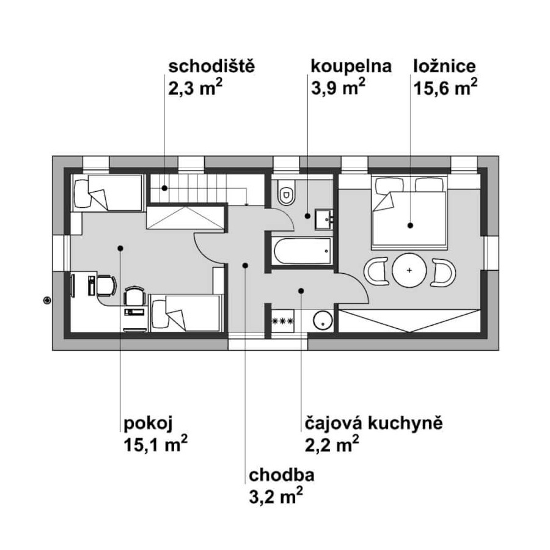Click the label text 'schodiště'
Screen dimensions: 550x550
[x=211, y=67]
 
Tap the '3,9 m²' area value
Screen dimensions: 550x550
[x=338, y=87]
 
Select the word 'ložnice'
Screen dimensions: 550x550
[x=445, y=67]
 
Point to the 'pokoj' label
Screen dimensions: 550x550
[x=148, y=424]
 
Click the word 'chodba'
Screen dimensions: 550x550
[x=281, y=475]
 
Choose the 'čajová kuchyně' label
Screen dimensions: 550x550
[x=373, y=424]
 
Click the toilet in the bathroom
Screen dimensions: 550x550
[x=286, y=193]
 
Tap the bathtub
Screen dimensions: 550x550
[x=302, y=251]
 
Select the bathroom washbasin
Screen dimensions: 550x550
[x=324, y=219]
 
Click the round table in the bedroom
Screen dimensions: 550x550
[x=409, y=271]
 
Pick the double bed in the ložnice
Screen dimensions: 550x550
[x=409, y=213]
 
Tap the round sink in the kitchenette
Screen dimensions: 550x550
[x=323, y=321]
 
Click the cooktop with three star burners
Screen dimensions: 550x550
[x=283, y=321]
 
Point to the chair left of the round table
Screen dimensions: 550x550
[x=376, y=271]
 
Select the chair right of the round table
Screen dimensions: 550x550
[x=444, y=271]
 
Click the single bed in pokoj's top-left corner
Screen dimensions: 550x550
[x=108, y=193]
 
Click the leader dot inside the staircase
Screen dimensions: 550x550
[x=164, y=188]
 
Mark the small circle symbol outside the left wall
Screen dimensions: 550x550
[x=47, y=301]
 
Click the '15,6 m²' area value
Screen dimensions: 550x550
[x=445, y=87]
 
